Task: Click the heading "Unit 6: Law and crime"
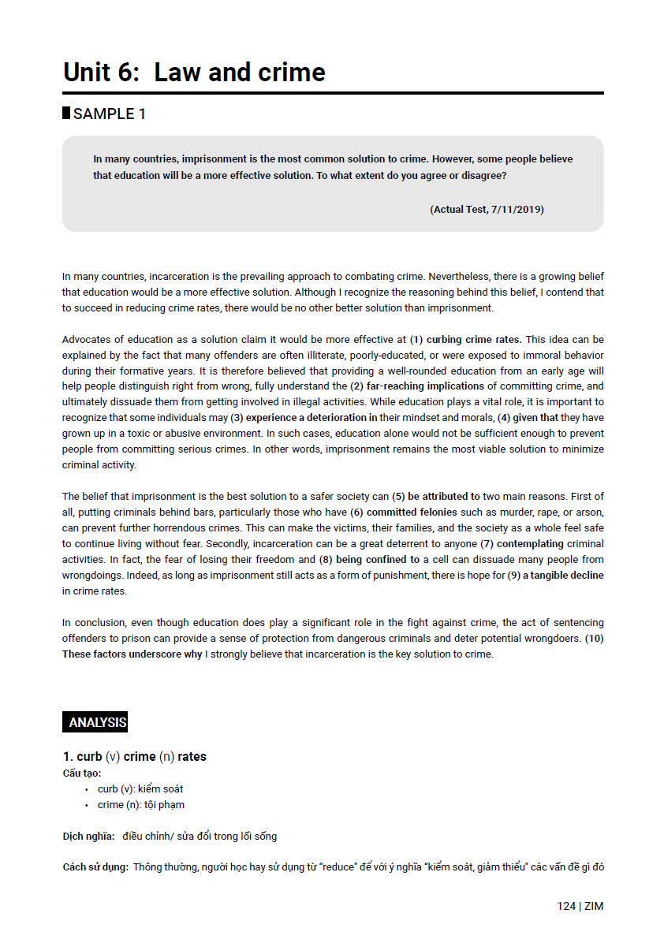[x=194, y=73]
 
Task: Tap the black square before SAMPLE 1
[x=66, y=113]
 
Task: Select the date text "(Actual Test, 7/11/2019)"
[x=487, y=209]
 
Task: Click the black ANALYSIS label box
[x=95, y=722]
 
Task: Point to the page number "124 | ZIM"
[x=580, y=906]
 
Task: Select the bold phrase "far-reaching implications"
[x=425, y=386]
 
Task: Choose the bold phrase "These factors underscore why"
[x=132, y=654]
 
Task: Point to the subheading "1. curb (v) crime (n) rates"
[x=134, y=757]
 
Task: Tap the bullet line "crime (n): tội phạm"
[x=141, y=805]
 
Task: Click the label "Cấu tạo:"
[x=82, y=773]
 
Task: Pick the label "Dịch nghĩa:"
[x=88, y=836]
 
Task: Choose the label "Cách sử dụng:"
[x=95, y=867]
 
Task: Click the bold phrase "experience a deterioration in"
[x=311, y=418]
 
